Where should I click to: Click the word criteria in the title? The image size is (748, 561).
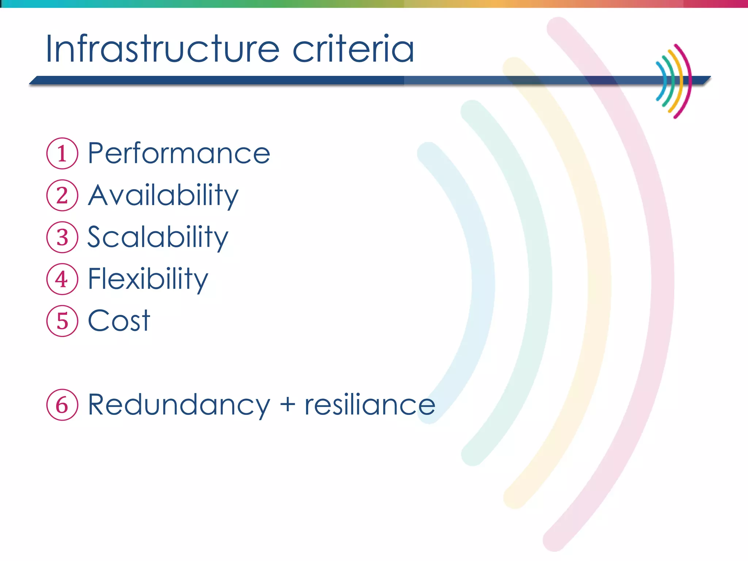click(353, 49)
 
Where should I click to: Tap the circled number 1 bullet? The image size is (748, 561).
click(62, 153)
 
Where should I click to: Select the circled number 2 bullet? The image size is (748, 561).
click(62, 195)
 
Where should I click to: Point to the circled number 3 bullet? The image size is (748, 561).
click(62, 237)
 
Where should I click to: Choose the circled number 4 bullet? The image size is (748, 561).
click(62, 279)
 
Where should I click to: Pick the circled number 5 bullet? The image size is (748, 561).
click(62, 321)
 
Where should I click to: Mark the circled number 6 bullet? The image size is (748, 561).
click(62, 405)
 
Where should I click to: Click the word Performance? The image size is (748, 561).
click(179, 153)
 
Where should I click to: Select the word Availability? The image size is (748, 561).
click(163, 195)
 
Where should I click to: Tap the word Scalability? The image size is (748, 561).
click(158, 237)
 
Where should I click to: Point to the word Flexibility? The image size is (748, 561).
click(148, 279)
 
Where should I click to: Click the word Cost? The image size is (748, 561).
click(119, 321)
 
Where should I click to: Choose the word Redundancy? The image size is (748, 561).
click(179, 405)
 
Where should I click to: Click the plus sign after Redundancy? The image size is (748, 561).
click(288, 405)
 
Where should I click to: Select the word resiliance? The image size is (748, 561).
click(370, 405)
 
